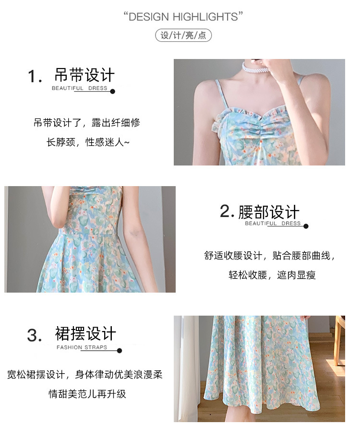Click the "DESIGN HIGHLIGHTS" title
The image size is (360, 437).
tap(183, 17)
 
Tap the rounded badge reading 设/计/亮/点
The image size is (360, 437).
tap(183, 35)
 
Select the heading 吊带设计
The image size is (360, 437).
tap(84, 75)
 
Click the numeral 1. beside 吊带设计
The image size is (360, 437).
tap(35, 76)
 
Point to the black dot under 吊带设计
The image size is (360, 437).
tap(113, 92)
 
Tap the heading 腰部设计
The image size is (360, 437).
tap(269, 212)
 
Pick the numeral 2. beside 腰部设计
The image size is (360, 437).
tap(227, 211)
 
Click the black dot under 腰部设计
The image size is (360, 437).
tap(306, 226)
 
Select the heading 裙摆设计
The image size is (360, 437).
tap(85, 333)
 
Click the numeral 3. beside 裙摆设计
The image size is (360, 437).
tap(35, 335)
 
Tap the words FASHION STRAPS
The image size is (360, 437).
tap(82, 347)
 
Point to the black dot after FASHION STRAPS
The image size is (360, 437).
tap(120, 351)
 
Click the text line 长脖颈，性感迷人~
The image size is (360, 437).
tap(88, 142)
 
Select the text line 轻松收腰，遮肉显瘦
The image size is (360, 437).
tap(272, 275)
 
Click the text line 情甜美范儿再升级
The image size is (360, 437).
tap(87, 394)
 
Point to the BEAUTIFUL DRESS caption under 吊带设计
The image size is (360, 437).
tap(80, 88)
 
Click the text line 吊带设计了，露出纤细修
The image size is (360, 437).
tap(87, 122)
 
